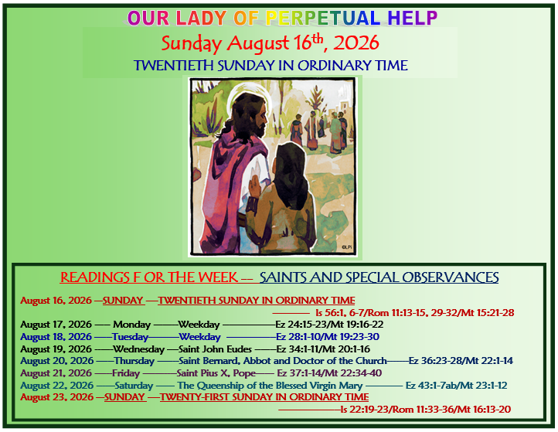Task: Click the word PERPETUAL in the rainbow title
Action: click(x=323, y=18)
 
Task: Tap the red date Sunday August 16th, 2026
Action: click(x=270, y=43)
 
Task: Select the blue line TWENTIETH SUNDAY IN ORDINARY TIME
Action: click(x=270, y=66)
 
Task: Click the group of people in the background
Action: click(x=318, y=130)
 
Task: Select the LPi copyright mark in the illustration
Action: click(x=346, y=247)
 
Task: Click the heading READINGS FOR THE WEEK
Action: click(x=148, y=277)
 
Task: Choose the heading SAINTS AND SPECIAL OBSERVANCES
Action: click(x=379, y=277)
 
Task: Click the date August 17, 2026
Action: click(x=56, y=325)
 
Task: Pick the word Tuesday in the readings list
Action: click(x=130, y=337)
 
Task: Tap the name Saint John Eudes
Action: click(x=215, y=349)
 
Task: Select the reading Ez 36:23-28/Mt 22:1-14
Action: click(x=461, y=361)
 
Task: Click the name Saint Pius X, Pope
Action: click(x=216, y=373)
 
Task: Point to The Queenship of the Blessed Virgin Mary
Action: click(x=270, y=386)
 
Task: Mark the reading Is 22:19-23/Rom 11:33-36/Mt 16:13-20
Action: click(x=426, y=410)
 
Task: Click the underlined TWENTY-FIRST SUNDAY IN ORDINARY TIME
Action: click(x=264, y=397)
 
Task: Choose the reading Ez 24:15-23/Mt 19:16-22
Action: click(x=329, y=325)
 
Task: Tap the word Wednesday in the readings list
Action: click(x=138, y=349)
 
